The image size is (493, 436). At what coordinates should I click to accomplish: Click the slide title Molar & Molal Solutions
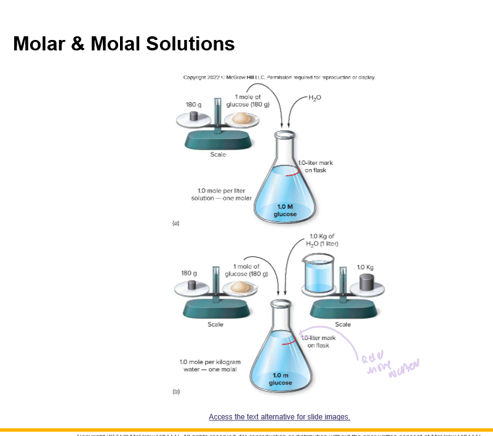[x=124, y=44]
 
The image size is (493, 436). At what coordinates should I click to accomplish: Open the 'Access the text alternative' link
[x=279, y=417]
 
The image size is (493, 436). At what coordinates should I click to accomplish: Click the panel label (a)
[x=175, y=224]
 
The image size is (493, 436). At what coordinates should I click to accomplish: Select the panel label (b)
[x=175, y=392]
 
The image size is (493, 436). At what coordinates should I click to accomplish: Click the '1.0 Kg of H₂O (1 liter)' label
[x=322, y=240]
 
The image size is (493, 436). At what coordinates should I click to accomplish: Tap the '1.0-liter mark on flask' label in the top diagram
[x=315, y=166]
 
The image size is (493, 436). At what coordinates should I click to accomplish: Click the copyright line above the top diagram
[x=279, y=77]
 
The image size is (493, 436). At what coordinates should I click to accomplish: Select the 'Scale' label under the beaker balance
[x=342, y=324]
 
